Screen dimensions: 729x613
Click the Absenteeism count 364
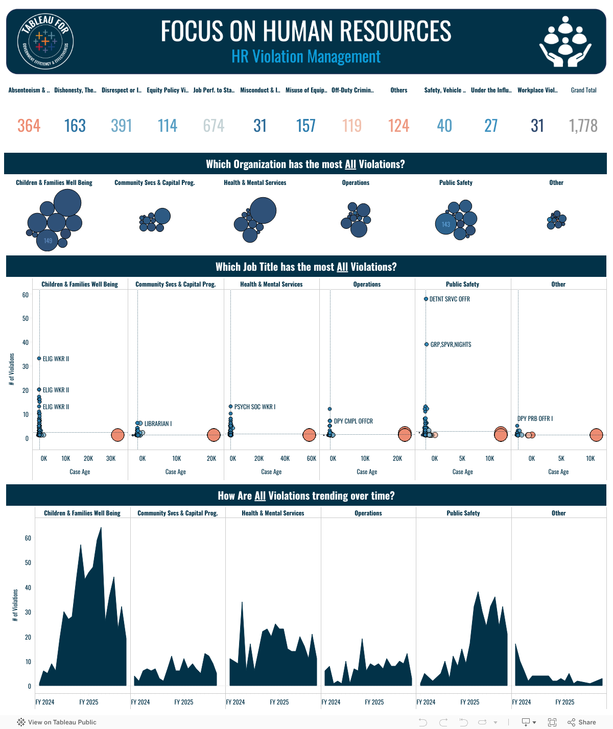[x=29, y=126]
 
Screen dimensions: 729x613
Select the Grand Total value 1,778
[x=583, y=126]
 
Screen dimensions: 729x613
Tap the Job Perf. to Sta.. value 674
[x=214, y=126]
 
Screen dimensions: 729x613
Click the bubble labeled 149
[x=48, y=241]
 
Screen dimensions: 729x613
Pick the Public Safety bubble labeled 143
[x=445, y=224]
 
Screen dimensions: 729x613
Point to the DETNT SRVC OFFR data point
[x=426, y=299]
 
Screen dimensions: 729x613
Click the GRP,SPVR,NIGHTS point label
[x=451, y=345]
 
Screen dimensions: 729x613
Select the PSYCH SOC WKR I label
[x=255, y=407]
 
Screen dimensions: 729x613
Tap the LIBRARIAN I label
[x=158, y=424]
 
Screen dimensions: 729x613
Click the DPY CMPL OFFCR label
[x=353, y=421]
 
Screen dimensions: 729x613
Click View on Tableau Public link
[x=57, y=722]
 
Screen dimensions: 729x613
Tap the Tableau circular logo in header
[x=45, y=41]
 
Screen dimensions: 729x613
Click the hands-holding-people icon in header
[x=565, y=41]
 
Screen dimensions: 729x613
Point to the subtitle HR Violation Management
[x=306, y=56]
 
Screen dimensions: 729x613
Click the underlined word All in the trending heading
[x=260, y=496]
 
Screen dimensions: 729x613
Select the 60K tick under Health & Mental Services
[x=312, y=459]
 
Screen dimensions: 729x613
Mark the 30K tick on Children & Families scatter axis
[x=111, y=459]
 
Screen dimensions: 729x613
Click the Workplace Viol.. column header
[x=537, y=90]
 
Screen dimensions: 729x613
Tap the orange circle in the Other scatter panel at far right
[x=596, y=435]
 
